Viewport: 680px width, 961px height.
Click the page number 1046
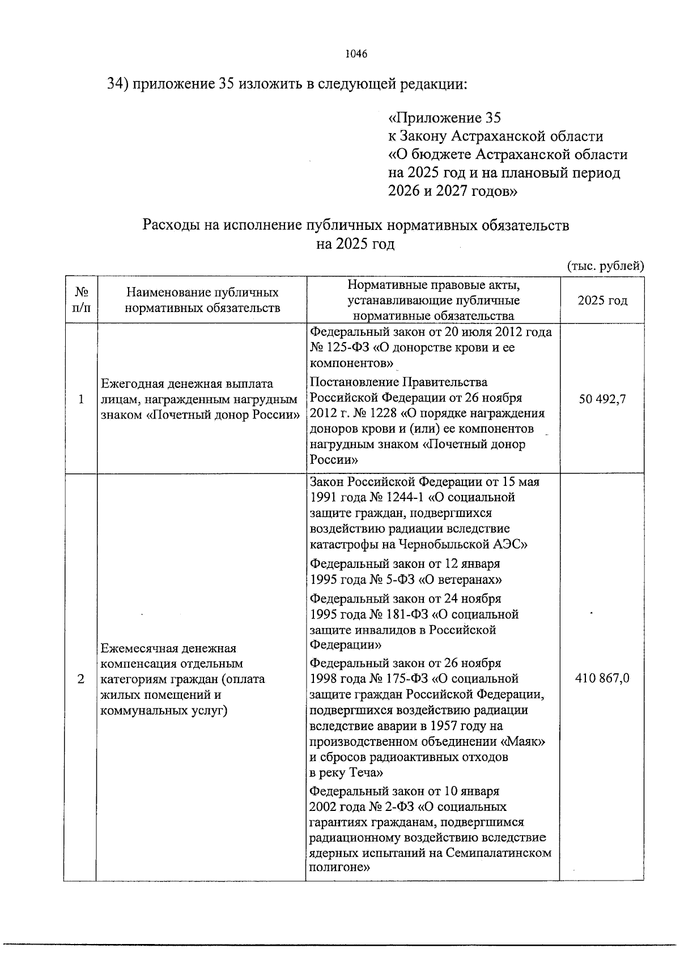[356, 54]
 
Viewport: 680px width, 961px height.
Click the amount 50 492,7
[602, 399]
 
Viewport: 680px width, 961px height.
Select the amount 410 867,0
[602, 678]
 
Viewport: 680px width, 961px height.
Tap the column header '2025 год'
[602, 300]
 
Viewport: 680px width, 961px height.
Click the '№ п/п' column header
[81, 300]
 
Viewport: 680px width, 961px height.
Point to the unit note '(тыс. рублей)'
[605, 265]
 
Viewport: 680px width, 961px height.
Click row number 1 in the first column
[81, 399]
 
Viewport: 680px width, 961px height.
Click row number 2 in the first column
[81, 678]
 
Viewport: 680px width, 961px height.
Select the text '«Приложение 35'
[444, 118]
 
